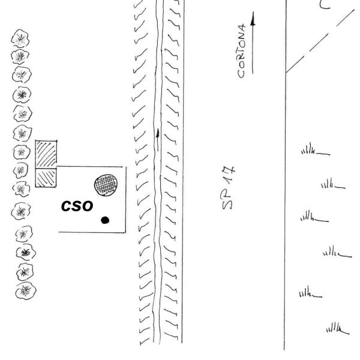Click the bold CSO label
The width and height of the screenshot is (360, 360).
[77, 206]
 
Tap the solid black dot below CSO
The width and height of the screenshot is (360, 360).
[105, 220]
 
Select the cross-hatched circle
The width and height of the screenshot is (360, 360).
[106, 185]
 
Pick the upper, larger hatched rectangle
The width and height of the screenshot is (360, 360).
[46, 154]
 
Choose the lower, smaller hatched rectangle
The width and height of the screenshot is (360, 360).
[46, 178]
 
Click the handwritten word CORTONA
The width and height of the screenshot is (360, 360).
[242, 51]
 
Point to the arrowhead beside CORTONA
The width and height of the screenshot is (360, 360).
[253, 19]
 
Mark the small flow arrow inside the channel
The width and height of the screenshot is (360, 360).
[158, 140]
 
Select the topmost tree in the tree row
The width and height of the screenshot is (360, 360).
[20, 38]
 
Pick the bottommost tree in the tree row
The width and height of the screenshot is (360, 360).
[26, 290]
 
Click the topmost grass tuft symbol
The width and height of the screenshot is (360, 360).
[316, 149]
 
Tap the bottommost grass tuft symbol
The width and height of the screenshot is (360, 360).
[338, 328]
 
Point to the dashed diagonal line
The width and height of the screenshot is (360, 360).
[320, 41]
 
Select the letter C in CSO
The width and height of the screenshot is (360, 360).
[67, 206]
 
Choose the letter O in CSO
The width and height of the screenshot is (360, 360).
[88, 206]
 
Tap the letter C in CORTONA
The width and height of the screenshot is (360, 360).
[241, 74]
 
